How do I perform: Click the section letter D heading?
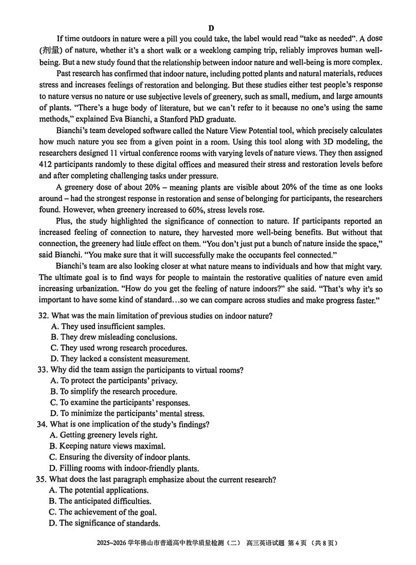(x=211, y=28)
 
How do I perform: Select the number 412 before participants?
(x=45, y=164)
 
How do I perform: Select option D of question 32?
(x=120, y=359)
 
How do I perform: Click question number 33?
(x=42, y=370)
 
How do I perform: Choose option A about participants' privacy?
(x=114, y=381)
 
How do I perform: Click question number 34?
(x=42, y=424)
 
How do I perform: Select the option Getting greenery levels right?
(x=103, y=435)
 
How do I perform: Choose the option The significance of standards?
(x=105, y=523)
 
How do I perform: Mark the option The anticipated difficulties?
(x=100, y=501)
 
